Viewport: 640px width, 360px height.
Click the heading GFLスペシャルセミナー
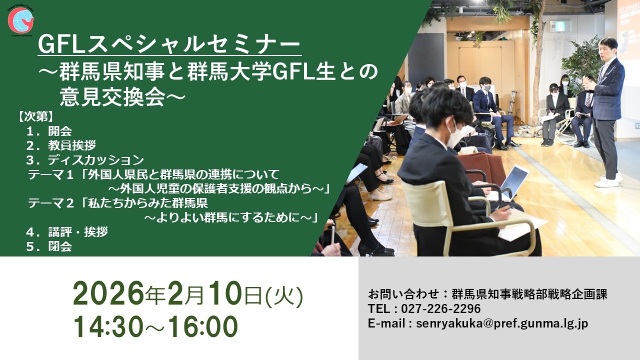[x=169, y=44]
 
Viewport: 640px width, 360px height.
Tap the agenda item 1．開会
[x=49, y=131]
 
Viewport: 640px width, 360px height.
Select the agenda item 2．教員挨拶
[x=61, y=145]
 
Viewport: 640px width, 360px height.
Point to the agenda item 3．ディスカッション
[x=85, y=160]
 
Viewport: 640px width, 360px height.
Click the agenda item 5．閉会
[x=49, y=246]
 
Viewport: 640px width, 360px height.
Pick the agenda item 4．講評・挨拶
[x=67, y=232]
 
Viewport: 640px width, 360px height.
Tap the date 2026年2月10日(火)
[x=188, y=293]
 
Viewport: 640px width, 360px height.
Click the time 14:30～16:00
[x=156, y=327]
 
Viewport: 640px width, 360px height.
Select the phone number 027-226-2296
[x=441, y=309]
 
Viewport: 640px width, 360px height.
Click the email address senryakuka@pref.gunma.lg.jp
[x=502, y=324]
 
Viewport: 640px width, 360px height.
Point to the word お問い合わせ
[x=403, y=294]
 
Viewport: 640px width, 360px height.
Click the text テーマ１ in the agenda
[x=51, y=174]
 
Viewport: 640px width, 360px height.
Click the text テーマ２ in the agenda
[x=51, y=203]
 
